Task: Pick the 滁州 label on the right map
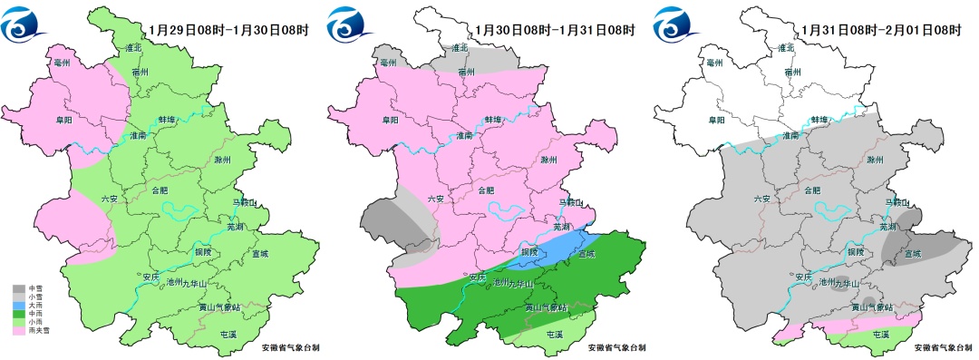[x=875, y=160]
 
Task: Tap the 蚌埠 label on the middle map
[x=493, y=120]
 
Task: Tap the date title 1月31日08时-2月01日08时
[x=882, y=30]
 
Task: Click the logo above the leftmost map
[x=25, y=26]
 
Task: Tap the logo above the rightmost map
[x=677, y=26]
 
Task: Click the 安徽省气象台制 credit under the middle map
[x=617, y=347]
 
